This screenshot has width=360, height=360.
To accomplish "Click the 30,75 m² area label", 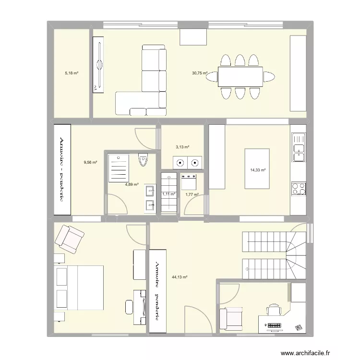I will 200,73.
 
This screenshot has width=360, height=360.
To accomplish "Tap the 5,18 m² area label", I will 72,73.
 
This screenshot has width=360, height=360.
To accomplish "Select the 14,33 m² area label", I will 258,169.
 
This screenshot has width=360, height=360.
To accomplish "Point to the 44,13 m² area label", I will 180,277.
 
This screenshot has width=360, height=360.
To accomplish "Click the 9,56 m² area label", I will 90,162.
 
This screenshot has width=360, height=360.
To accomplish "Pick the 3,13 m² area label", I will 182,147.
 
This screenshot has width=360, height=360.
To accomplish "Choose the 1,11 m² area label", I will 169,194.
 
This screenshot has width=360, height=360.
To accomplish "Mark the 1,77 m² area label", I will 192,194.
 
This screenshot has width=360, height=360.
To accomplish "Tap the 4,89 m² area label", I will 132,184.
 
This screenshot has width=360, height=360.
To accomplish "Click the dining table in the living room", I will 240,77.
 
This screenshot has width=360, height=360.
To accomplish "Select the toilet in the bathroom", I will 143,160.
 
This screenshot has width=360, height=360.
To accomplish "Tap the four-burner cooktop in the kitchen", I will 298,188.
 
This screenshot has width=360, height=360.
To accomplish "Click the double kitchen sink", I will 298,146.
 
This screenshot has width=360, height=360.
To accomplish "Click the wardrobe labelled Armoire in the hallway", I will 156,290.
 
